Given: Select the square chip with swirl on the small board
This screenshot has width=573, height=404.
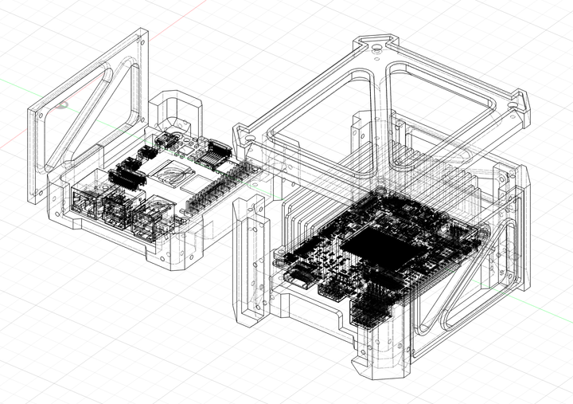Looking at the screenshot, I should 176,170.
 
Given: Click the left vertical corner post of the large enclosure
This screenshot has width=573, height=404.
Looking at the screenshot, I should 250,263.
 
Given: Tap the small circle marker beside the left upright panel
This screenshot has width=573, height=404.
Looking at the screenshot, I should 61,104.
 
